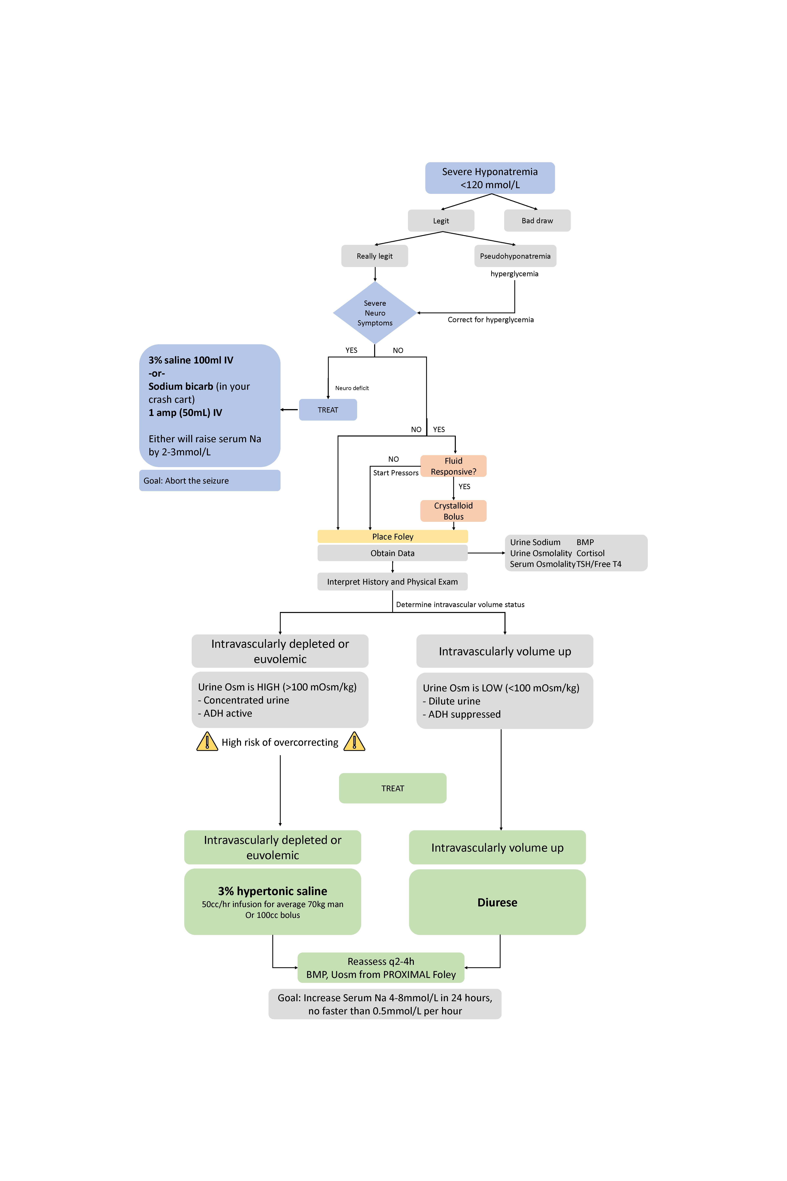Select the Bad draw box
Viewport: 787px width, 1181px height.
point(537,220)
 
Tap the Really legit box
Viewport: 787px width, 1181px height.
point(374,256)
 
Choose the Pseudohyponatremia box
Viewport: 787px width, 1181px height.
point(515,256)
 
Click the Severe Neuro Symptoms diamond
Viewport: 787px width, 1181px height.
point(375,313)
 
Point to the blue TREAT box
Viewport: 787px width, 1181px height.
point(328,410)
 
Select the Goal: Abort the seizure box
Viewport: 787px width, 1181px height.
point(209,481)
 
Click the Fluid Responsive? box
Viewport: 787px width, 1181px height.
point(453,466)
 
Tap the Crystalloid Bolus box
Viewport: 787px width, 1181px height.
point(453,511)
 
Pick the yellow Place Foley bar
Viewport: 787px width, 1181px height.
point(393,536)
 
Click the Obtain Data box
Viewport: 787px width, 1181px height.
point(393,553)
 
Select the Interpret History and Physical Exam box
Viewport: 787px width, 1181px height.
point(393,581)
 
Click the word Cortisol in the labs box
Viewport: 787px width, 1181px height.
point(590,553)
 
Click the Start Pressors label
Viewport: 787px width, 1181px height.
point(395,473)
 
